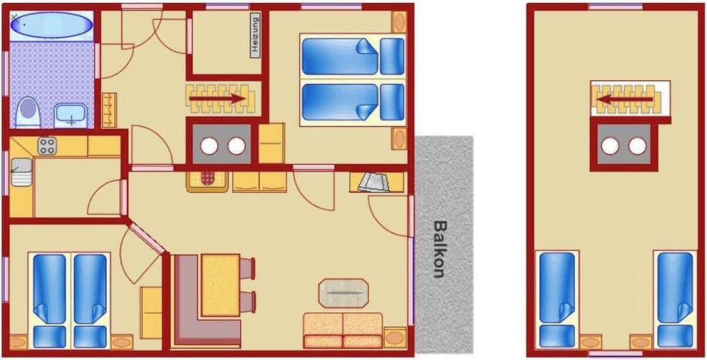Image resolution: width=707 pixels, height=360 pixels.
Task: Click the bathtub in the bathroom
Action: pos(52,24)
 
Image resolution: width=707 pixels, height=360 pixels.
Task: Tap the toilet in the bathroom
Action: pos(27,113)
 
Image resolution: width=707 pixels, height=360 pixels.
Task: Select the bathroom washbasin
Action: pos(70,114)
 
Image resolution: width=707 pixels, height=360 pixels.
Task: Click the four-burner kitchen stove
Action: pos(47,145)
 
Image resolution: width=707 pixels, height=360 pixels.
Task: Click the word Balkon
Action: pos(439,249)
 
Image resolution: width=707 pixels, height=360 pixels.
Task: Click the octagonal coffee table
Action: pos(343,292)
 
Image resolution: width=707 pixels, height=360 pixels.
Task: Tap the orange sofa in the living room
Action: pos(342,330)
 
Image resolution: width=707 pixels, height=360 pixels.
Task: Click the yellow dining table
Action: pos(220,284)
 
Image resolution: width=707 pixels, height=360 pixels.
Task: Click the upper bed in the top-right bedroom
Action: pos(352,57)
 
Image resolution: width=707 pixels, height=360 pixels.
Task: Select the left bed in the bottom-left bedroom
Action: pos(49,300)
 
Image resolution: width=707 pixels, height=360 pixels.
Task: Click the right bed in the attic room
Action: pos(675,299)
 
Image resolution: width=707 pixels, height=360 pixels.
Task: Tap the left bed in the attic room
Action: pos(556,299)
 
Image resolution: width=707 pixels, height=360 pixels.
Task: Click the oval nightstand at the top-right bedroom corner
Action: pos(399,22)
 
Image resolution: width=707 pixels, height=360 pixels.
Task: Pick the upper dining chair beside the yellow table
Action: pos(247,267)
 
